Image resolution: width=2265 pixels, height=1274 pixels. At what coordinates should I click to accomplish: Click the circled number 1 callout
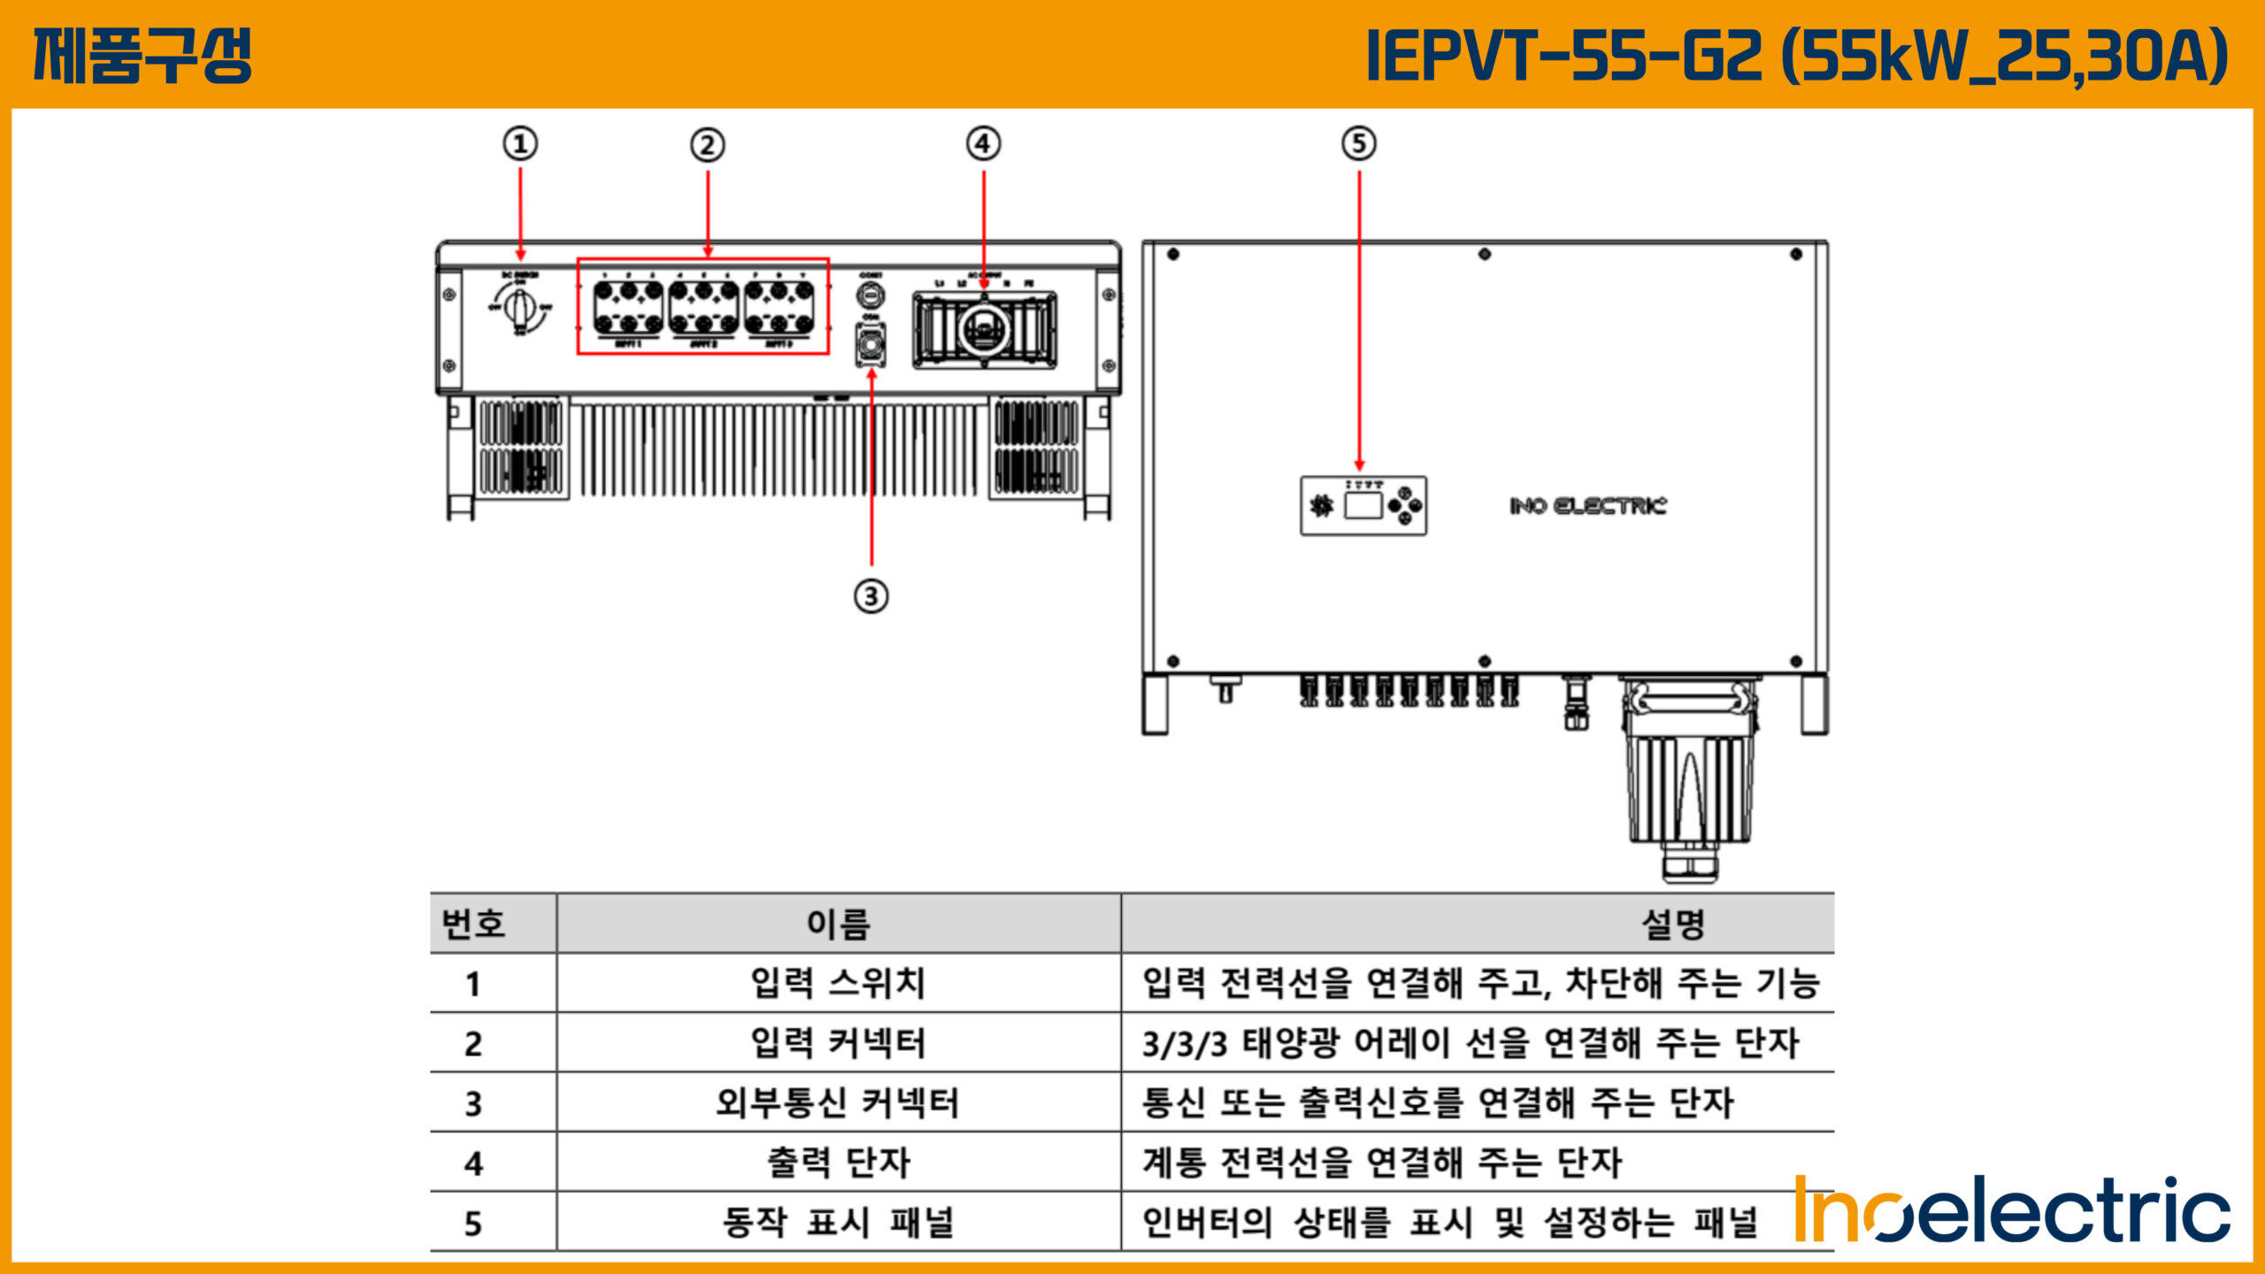point(520,144)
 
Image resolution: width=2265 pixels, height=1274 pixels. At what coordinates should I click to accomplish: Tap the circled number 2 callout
point(707,145)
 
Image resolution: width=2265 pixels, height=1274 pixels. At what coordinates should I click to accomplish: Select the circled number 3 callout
point(871,596)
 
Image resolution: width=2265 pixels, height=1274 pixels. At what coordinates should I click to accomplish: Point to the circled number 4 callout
point(983,144)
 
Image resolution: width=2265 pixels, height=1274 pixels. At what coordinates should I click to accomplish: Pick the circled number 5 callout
point(1359,144)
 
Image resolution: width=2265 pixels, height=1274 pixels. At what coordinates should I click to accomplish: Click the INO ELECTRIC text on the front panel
point(1587,506)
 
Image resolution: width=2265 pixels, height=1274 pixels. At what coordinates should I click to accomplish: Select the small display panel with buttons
point(1363,506)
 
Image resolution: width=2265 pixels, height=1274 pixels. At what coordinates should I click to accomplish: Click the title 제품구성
point(143,56)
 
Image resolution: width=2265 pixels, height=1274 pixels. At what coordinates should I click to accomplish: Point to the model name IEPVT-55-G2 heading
point(1796,56)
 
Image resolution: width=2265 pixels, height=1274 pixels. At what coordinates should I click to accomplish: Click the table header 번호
point(473,924)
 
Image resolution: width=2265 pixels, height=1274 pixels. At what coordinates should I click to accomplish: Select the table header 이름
point(838,924)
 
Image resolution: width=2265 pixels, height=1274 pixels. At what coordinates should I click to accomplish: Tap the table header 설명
point(1672,924)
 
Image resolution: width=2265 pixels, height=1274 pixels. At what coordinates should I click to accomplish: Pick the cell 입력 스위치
point(838,983)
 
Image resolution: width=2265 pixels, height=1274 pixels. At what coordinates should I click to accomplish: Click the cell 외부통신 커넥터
point(838,1102)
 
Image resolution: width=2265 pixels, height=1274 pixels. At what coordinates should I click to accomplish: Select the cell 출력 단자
point(838,1162)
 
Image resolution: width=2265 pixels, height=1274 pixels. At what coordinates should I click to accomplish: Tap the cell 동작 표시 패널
point(838,1222)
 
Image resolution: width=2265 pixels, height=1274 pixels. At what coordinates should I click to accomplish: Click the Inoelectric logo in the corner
point(2013,1209)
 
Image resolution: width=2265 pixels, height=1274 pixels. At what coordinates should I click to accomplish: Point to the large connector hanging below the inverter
point(1690,779)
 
